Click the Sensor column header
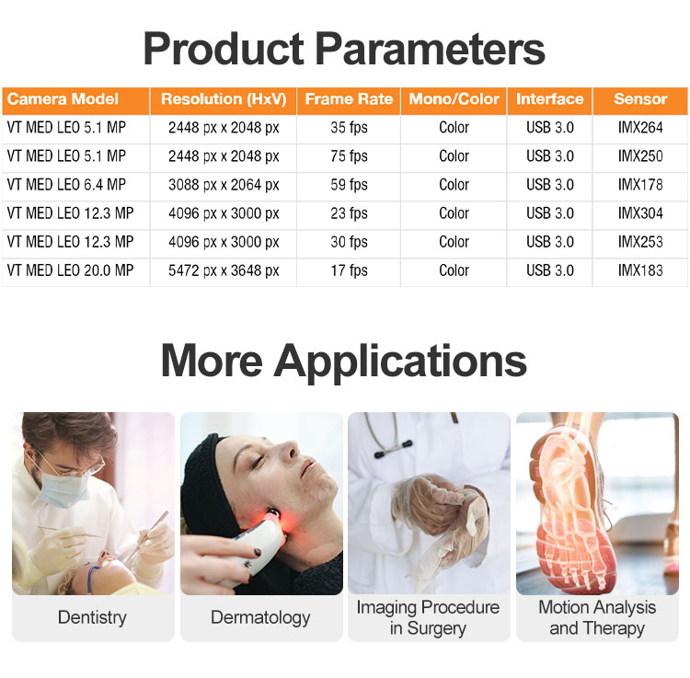point(640,99)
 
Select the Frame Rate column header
point(349,99)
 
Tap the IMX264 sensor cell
point(640,128)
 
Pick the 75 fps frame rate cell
point(349,156)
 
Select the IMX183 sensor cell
point(640,270)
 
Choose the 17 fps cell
point(349,270)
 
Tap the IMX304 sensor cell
point(640,213)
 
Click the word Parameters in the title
point(431,49)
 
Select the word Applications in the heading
point(400,362)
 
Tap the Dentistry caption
point(92,617)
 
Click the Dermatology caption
point(260,617)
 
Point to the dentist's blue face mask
point(64,488)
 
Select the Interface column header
point(549,99)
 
